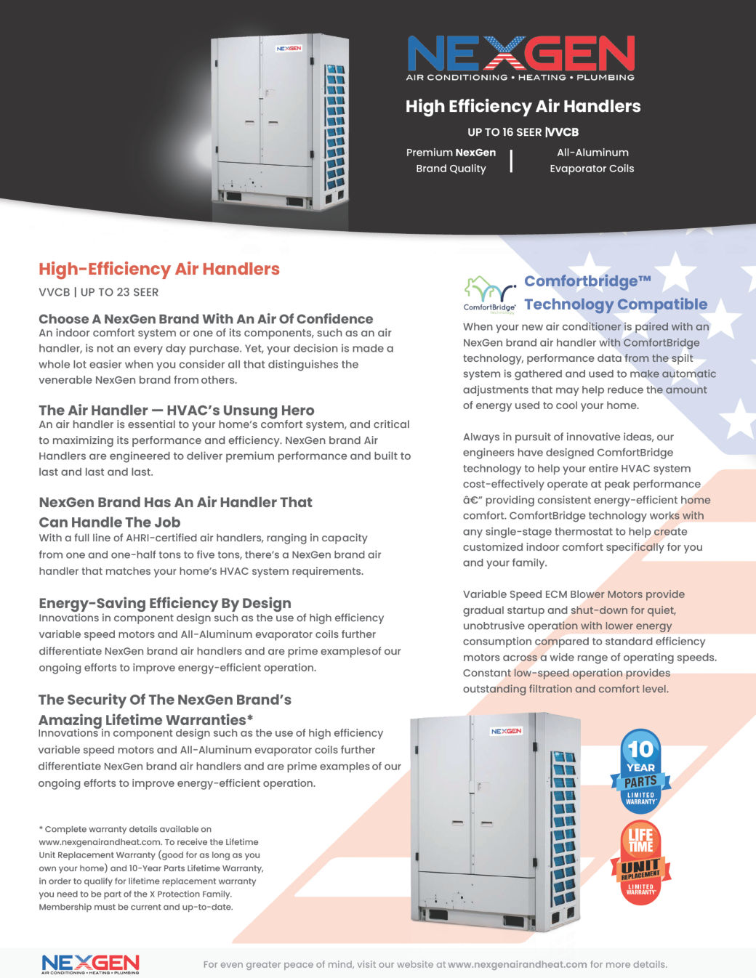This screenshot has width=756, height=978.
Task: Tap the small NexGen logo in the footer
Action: point(90,963)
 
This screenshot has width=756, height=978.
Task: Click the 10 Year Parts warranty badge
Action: point(640,771)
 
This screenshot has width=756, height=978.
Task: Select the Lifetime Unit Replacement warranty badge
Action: point(640,862)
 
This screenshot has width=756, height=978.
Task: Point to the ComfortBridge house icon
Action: point(489,291)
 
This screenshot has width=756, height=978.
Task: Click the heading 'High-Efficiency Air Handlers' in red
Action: point(159,269)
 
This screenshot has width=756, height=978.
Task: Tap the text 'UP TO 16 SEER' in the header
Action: point(504,132)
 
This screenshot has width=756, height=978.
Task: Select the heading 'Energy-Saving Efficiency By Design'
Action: point(165,603)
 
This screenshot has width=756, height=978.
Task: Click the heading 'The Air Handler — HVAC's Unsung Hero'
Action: point(177,411)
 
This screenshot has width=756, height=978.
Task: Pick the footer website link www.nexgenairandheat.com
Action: point(517,965)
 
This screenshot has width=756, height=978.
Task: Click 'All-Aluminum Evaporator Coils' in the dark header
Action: point(592,161)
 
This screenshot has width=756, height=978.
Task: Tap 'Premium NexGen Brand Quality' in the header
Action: point(451,161)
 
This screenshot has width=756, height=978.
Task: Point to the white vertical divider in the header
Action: point(511,161)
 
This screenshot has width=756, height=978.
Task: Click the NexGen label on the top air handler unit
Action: point(289,49)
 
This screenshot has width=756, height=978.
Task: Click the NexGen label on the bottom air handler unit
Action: point(506,731)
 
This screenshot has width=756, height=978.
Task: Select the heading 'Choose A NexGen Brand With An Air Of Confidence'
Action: point(206,319)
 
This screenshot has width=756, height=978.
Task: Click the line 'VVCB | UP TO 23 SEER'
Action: point(99,292)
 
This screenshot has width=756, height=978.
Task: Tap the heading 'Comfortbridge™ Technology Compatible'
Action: point(615,293)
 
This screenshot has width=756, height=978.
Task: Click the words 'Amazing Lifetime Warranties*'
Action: point(146,720)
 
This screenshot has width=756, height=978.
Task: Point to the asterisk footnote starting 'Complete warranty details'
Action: point(150,868)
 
